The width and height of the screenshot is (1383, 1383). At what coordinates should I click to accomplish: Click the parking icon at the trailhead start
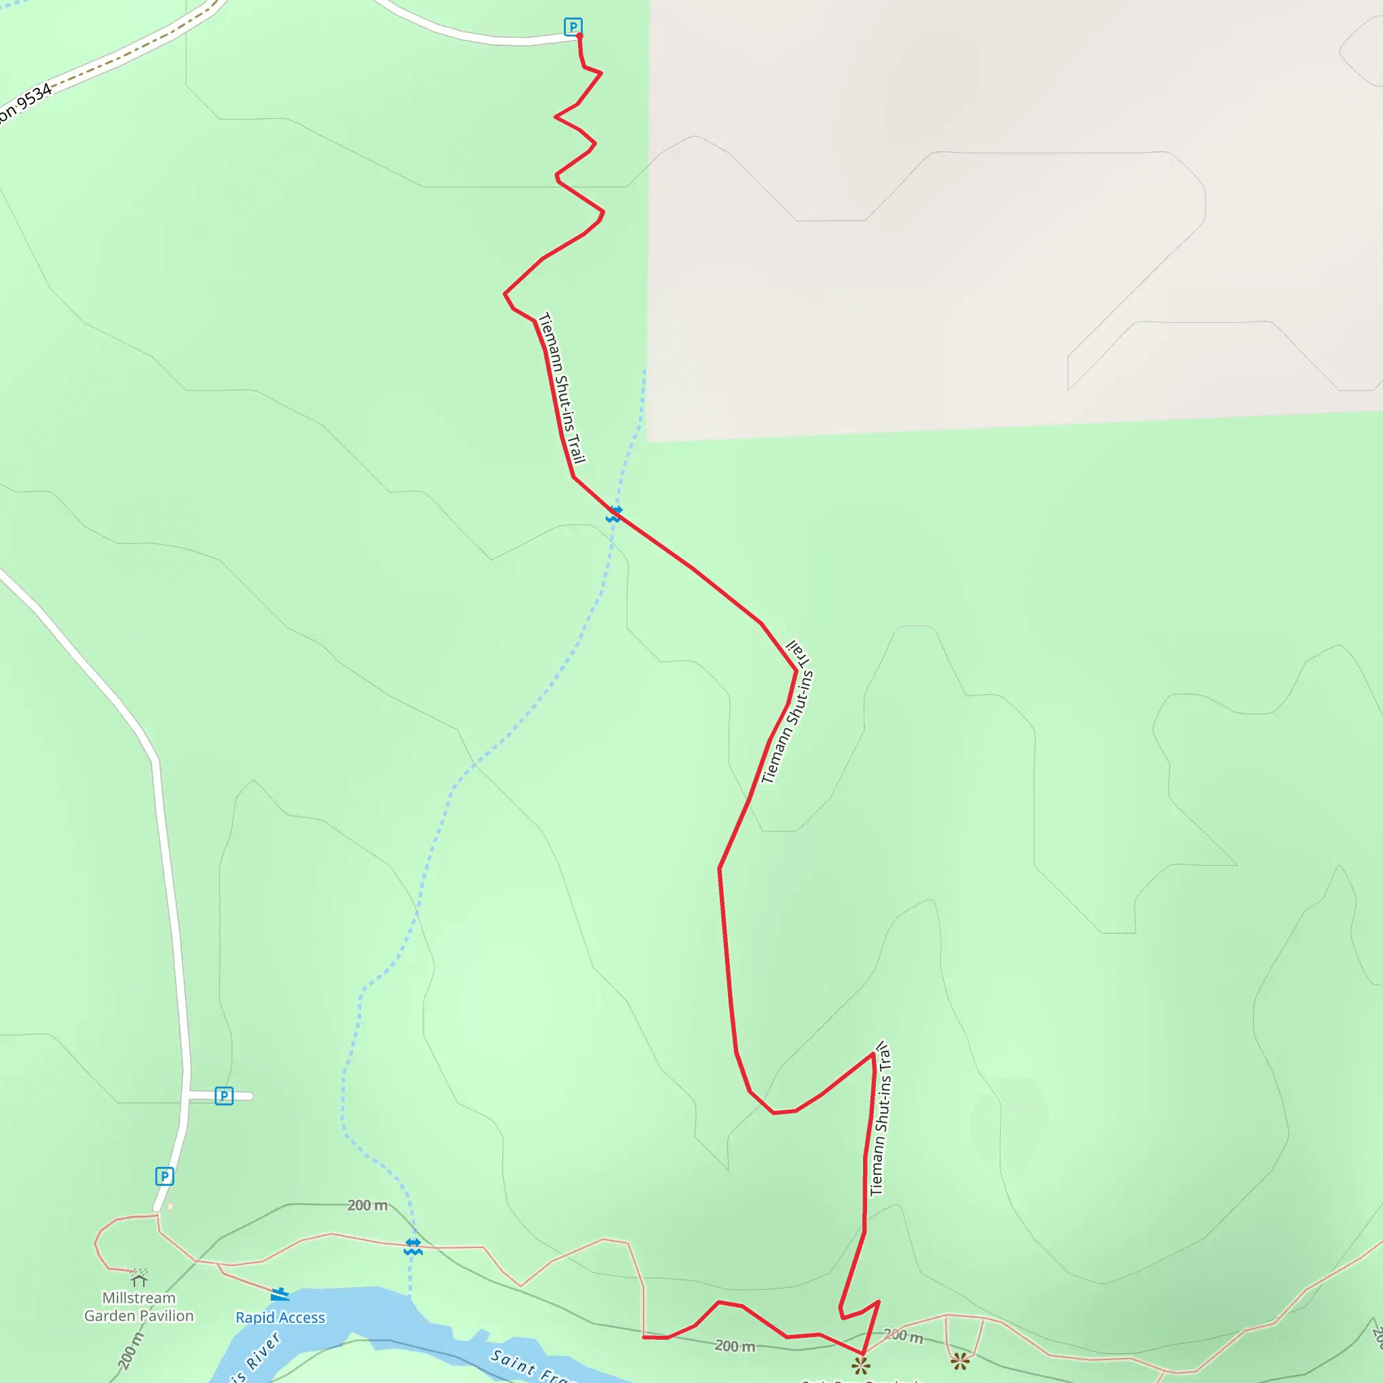point(573,26)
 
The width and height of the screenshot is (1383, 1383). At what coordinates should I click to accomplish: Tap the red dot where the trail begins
point(579,35)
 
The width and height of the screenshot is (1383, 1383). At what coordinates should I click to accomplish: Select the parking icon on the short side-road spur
point(224,1096)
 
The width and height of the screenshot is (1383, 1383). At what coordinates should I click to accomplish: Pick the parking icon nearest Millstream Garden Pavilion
point(165,1176)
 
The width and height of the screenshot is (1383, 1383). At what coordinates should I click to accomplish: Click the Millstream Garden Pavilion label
point(139,1307)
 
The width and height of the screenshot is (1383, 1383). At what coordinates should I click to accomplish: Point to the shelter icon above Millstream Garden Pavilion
point(139,1278)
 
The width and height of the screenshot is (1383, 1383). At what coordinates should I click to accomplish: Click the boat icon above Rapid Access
point(280,1295)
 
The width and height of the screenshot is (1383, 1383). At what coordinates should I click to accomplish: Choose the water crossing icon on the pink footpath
point(413,1247)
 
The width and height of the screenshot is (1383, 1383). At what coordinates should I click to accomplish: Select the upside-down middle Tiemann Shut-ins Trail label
point(787,712)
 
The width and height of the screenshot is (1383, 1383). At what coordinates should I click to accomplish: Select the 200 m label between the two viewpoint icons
point(903,1336)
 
